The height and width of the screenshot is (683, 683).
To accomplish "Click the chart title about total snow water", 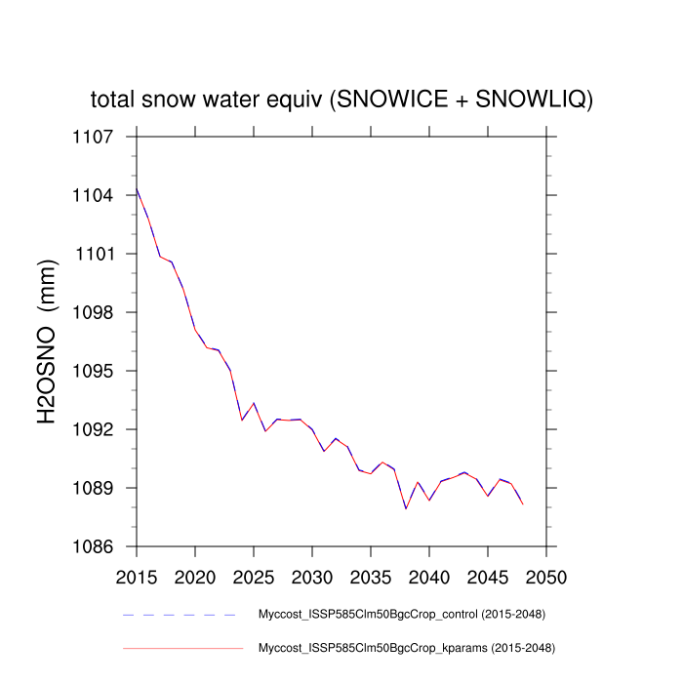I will [x=341, y=100].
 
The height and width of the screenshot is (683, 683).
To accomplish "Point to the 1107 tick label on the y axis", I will [x=94, y=137].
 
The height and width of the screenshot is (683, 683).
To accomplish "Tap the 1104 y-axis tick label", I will [x=94, y=195].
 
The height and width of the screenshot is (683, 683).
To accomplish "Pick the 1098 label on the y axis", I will [x=94, y=312].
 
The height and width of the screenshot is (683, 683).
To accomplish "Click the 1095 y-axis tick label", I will [x=94, y=371].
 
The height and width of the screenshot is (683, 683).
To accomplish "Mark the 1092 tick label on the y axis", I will [x=94, y=429].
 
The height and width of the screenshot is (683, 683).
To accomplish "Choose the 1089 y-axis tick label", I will [x=94, y=488].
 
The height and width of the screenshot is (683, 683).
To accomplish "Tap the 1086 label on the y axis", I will [x=94, y=546].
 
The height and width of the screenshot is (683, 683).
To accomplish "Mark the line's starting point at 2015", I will [x=137, y=189].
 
